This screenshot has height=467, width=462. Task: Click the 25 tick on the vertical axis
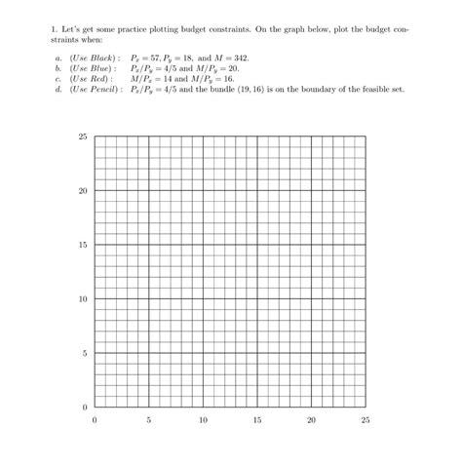pos(83,136)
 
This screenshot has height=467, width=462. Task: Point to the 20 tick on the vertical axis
pos(83,190)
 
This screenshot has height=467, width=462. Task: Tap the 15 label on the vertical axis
pos(83,245)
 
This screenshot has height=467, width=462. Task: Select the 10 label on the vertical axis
pos(83,298)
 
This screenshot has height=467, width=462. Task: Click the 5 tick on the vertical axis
pos(85,352)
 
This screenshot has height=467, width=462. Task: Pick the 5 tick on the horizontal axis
pos(148,420)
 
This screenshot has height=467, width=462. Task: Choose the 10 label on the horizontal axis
pos(202,420)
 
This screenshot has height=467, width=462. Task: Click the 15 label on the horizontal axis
pos(256,420)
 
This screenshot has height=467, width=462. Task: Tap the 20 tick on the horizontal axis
pos(311,420)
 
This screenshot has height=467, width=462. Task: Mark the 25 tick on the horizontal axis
pos(365,420)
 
